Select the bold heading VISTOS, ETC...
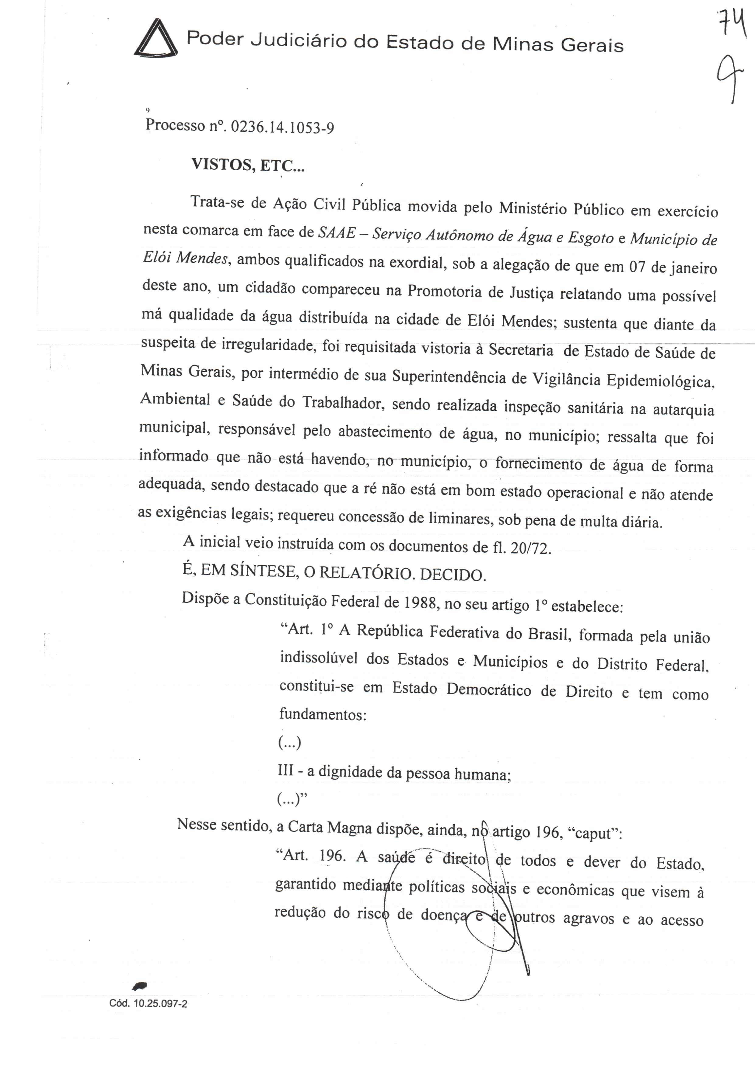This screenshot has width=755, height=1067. coord(248,165)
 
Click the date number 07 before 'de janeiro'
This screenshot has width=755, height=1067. coord(637,266)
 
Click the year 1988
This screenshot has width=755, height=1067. coord(420,602)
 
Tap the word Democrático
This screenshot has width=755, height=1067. coord(489,690)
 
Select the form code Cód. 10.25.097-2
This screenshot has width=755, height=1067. coord(148,1003)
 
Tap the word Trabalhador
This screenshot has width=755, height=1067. coord(343,402)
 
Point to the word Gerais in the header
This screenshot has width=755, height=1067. coord(592,45)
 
